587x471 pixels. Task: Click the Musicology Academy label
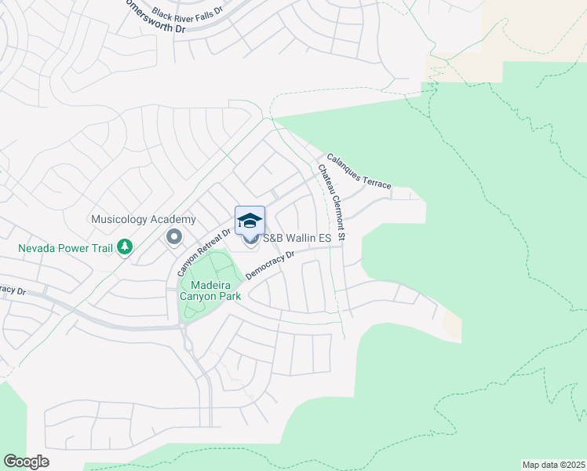tap(143, 219)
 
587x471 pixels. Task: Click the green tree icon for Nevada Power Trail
tap(124, 247)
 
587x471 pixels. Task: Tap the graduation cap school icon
tap(250, 221)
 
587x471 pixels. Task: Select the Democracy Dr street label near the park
tap(268, 265)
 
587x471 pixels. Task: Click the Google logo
tap(26, 462)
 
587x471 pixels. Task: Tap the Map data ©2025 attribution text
tap(553, 465)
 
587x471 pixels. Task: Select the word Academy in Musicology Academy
tap(172, 219)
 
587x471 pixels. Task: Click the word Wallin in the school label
tap(302, 238)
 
